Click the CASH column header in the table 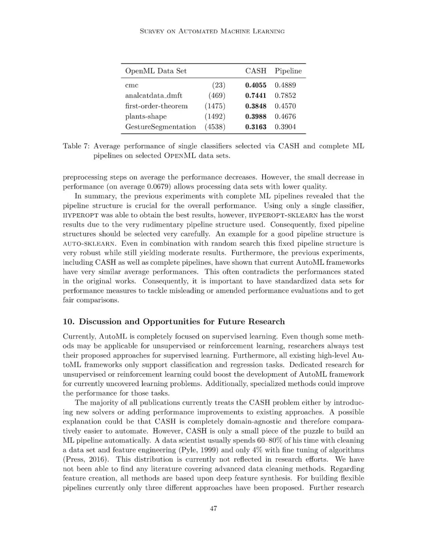(256, 71)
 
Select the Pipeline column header (288, 71)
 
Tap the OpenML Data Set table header (156, 71)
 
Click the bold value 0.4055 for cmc (256, 85)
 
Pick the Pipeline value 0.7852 (285, 95)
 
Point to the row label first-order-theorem (156, 106)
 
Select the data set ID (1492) (215, 116)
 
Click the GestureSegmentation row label (160, 127)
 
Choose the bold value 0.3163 (256, 127)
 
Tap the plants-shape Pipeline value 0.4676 (285, 116)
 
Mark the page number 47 (213, 509)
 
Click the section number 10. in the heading (69, 322)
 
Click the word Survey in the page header (152, 31)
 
